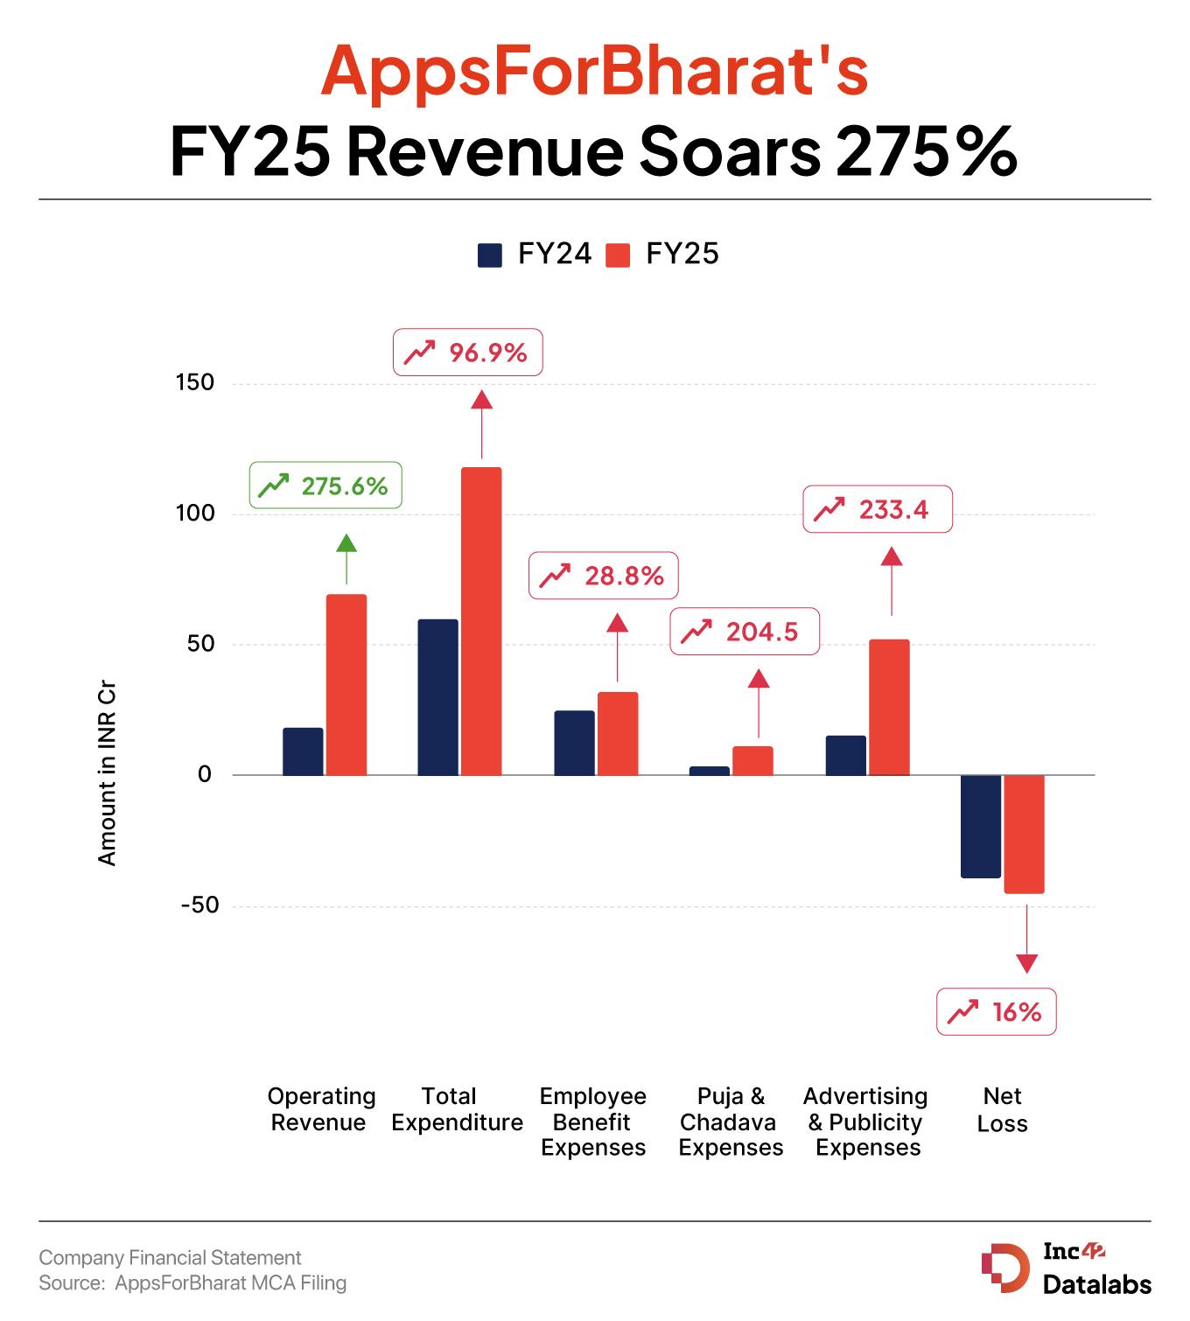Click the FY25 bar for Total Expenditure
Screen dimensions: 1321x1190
pos(481,621)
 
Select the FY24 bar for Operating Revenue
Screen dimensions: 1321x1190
pos(303,751)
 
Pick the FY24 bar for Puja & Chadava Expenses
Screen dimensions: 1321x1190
pos(710,771)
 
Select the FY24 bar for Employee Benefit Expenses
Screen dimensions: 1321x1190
pos(574,743)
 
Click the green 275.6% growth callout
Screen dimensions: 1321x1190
pos(326,486)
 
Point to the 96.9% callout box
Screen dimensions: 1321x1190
pos(468,353)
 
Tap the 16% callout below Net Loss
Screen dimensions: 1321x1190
pos(997,1012)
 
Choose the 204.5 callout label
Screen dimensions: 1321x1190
pos(745,632)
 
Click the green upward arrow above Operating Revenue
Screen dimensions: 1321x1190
pos(346,556)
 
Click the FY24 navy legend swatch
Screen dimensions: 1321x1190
pos(490,255)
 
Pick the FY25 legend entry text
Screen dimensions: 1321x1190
pos(682,255)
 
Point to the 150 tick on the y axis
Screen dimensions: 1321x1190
pos(194,382)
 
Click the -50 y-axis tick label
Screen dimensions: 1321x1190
pos(199,905)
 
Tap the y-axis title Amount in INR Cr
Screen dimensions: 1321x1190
pos(107,774)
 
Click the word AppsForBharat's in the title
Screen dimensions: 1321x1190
pos(594,70)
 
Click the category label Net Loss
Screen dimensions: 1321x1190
pos(1002,1109)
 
